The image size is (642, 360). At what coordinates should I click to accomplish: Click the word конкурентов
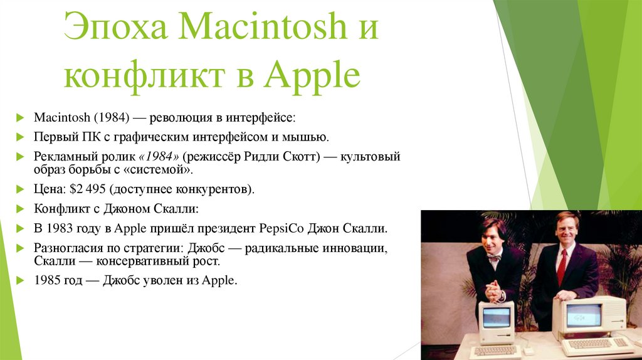pyautogui.click(x=216, y=189)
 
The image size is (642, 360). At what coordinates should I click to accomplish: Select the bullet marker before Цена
pyautogui.click(x=21, y=188)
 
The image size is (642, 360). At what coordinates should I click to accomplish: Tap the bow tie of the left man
pyautogui.click(x=495, y=257)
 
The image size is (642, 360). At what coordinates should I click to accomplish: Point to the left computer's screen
pyautogui.click(x=497, y=317)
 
